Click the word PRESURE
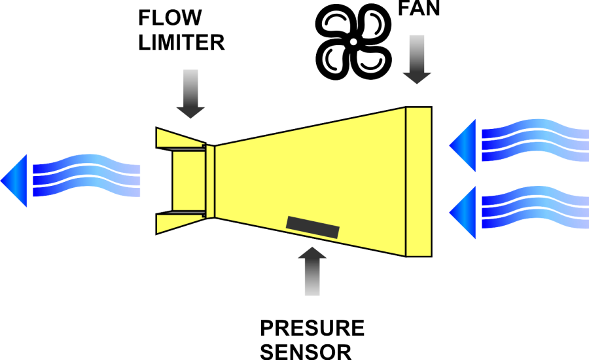click(x=312, y=328)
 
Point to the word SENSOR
click(x=306, y=351)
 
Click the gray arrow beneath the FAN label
click(x=417, y=60)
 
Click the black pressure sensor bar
click(x=313, y=226)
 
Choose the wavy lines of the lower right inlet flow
click(x=533, y=207)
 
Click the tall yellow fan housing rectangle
click(x=419, y=181)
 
